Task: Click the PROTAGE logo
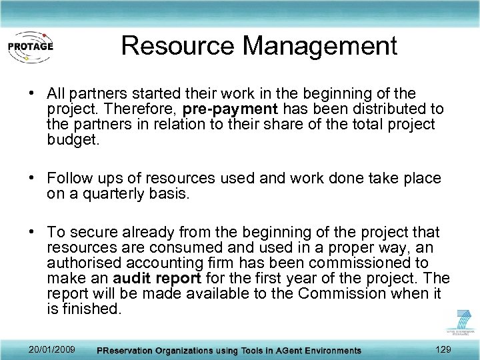point(31,46)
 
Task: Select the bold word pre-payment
point(234,109)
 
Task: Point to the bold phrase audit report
point(158,278)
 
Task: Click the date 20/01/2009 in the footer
point(52,349)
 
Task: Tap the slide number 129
point(442,349)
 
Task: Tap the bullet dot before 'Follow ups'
point(32,179)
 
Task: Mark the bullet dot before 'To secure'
point(32,232)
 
